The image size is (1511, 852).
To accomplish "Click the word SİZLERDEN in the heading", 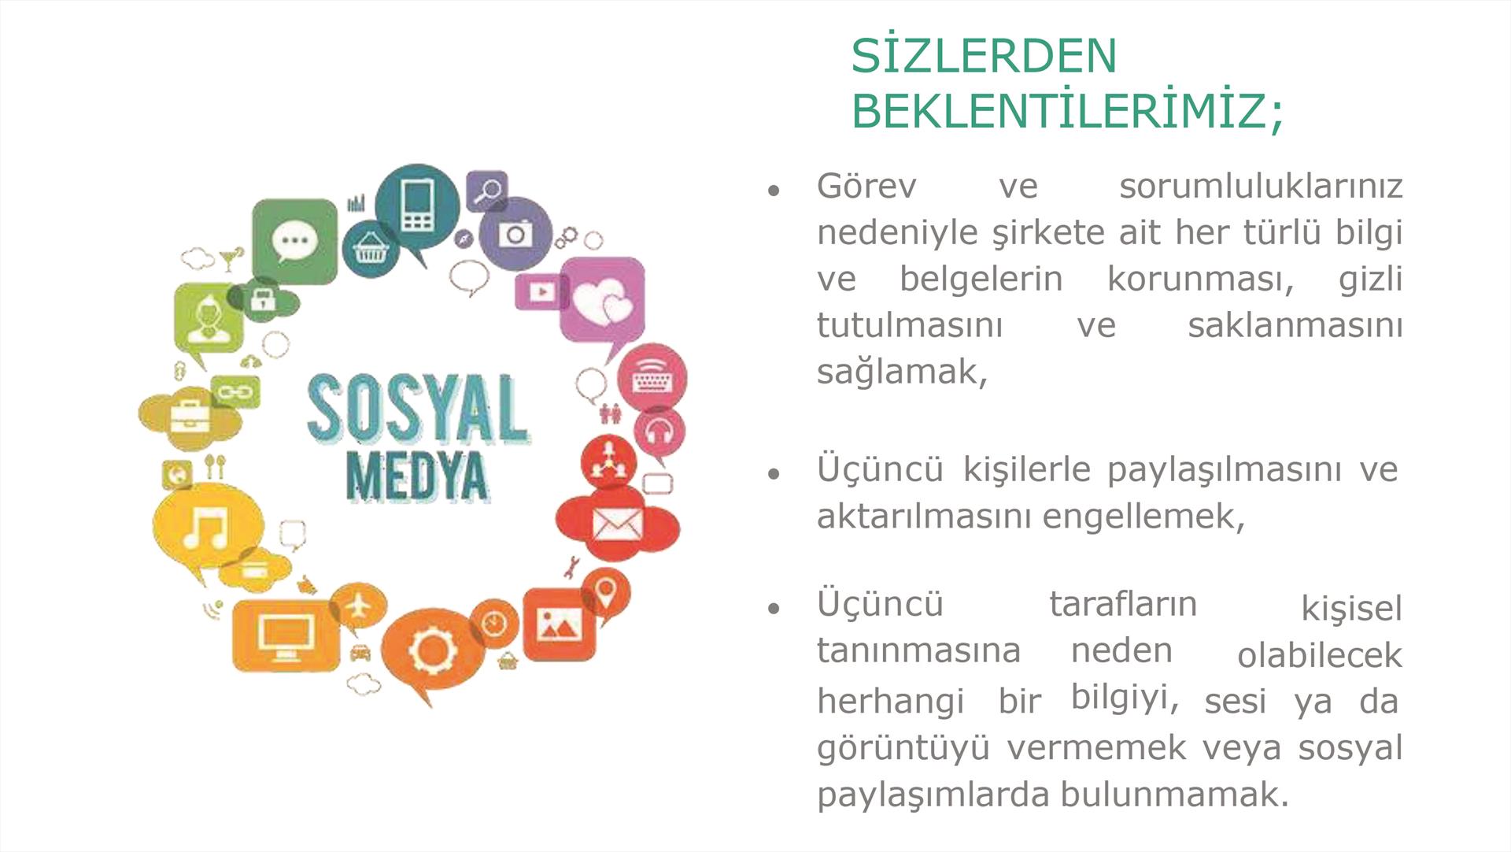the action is [x=984, y=55].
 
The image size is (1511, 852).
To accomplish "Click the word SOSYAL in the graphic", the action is [x=417, y=409].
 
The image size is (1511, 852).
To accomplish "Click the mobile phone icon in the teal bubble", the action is [x=417, y=206].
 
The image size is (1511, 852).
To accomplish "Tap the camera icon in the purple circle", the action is [x=515, y=235].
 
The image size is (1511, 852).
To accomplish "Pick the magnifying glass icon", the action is [x=489, y=191].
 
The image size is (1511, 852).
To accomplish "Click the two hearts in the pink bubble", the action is [x=603, y=303].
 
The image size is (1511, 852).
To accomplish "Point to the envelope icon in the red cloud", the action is [x=618, y=524].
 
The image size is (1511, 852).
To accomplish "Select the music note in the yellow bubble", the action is [x=206, y=526].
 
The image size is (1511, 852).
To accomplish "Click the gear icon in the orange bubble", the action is [x=432, y=650].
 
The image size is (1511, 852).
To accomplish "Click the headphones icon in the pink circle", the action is [x=659, y=430].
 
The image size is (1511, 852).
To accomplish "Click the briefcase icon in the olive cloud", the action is [x=190, y=415].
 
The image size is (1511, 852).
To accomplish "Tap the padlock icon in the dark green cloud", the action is [x=262, y=298].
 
